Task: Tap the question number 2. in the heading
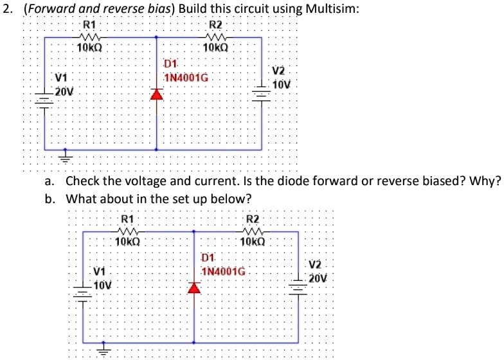click(x=8, y=9)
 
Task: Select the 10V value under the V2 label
click(x=282, y=85)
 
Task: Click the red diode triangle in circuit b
click(x=194, y=287)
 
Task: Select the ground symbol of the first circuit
click(x=64, y=155)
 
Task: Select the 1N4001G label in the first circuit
click(x=186, y=78)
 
